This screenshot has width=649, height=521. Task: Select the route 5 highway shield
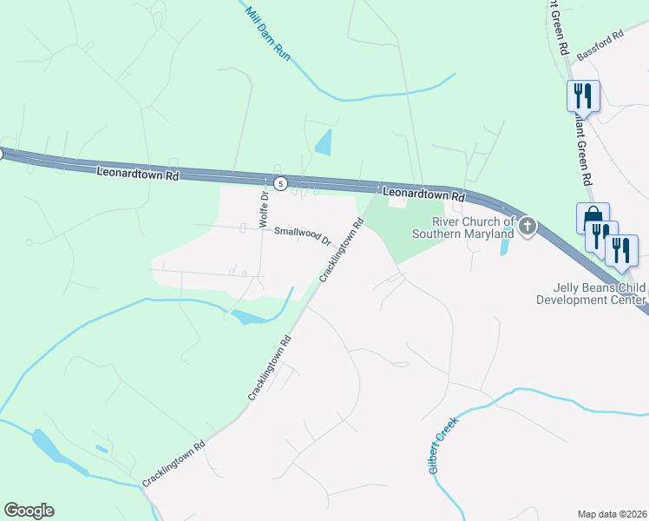pos(280,183)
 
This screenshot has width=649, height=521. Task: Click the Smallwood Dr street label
pos(304,234)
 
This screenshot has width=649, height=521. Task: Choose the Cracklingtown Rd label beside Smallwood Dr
pos(340,250)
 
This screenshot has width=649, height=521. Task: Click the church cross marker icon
pos(527,228)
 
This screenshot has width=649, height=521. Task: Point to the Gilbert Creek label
pos(442,443)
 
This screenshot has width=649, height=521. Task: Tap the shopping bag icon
pos(592,216)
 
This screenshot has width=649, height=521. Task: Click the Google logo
pos(29,511)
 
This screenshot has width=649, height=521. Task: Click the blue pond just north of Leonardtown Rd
pos(324,142)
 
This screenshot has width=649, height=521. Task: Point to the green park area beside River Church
pos(412,239)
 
